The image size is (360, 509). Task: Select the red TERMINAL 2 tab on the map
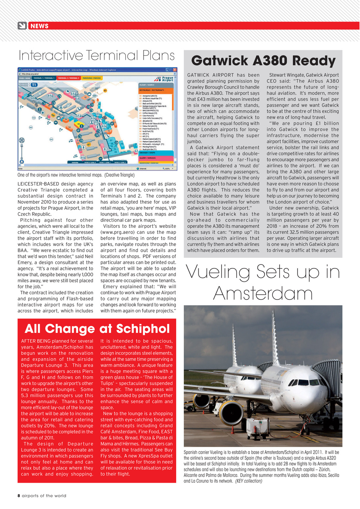tap(68, 78)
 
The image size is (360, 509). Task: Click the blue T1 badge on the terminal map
tap(34, 84)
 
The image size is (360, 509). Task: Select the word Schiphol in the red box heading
tap(140, 328)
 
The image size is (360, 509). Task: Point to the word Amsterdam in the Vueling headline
tap(263, 293)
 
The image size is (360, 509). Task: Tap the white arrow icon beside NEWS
tap(22, 26)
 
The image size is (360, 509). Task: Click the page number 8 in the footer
tap(19, 495)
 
